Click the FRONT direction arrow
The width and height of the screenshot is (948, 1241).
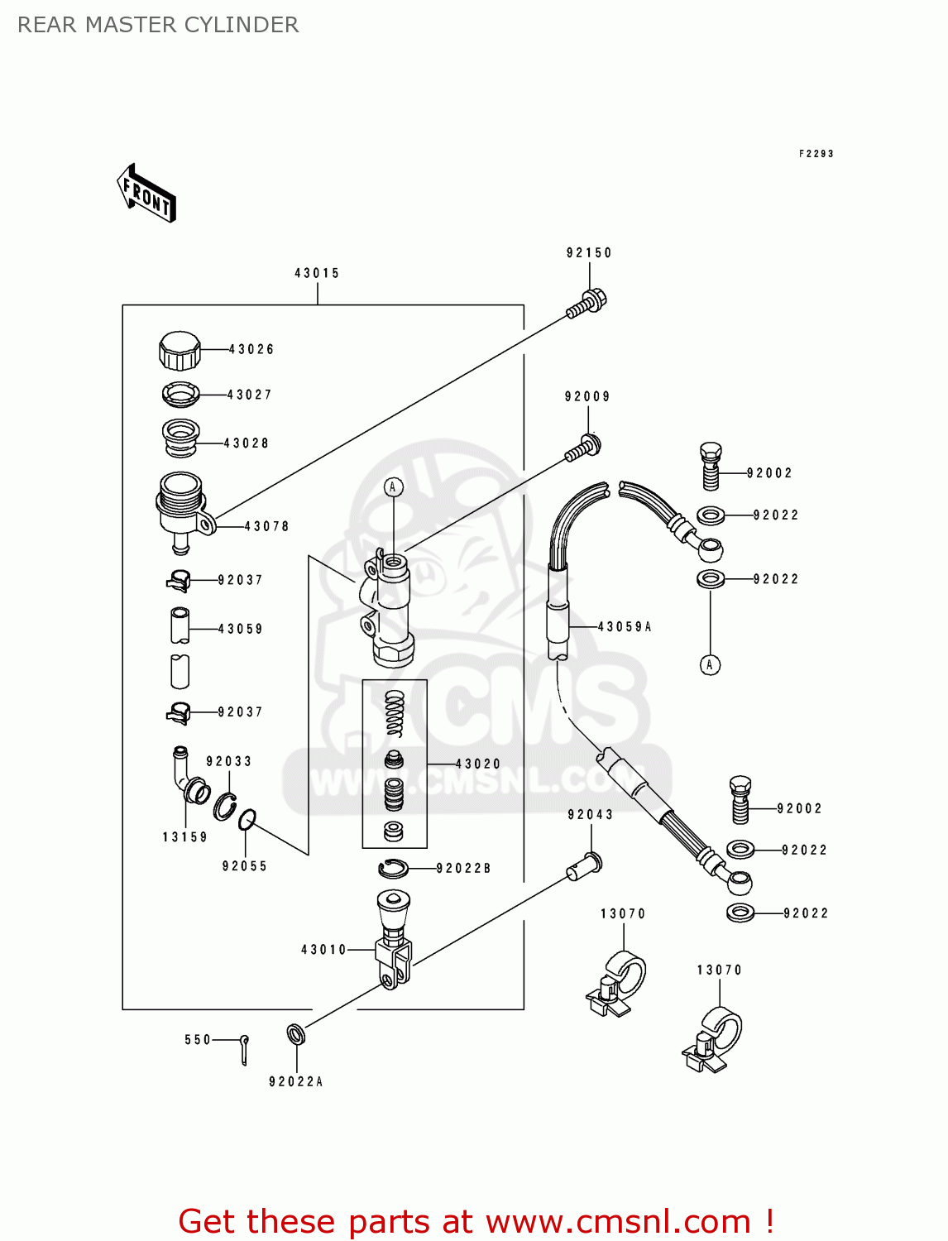tap(146, 194)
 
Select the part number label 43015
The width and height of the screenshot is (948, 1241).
tap(317, 273)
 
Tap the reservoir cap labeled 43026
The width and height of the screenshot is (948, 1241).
tap(180, 350)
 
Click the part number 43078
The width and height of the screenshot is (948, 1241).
tap(266, 526)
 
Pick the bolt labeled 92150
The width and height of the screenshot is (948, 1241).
tap(587, 303)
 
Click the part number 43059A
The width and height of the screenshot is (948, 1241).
tap(625, 627)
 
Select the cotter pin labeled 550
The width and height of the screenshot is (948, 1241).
tap(244, 1049)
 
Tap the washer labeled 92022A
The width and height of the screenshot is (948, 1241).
tap(295, 1034)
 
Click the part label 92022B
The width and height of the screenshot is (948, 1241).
tap(463, 868)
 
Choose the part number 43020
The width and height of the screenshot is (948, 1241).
tap(478, 764)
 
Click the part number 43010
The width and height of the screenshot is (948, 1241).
tap(323, 950)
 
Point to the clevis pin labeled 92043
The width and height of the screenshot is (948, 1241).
tap(585, 865)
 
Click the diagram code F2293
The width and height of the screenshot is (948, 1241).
tap(816, 154)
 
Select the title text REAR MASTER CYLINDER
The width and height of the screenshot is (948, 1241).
tap(158, 25)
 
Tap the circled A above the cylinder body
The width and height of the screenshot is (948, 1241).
tap(394, 487)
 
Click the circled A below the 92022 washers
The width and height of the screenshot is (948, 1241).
tap(710, 664)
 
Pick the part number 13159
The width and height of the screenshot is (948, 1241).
tap(184, 837)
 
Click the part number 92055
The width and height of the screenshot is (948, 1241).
tap(244, 866)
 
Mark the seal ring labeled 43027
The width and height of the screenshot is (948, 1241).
tap(181, 394)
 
